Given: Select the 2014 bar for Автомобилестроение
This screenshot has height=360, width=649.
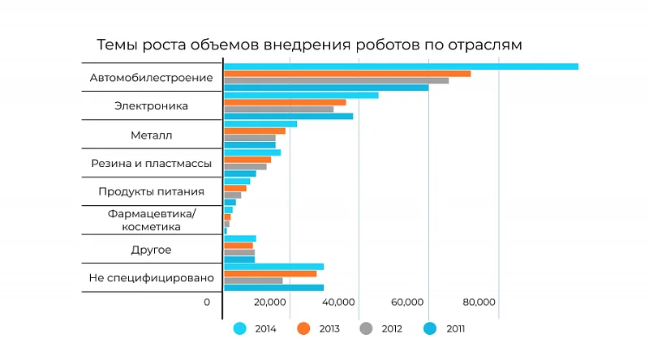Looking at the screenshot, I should (401, 66).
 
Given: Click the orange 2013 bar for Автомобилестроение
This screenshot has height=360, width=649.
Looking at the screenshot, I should (347, 74).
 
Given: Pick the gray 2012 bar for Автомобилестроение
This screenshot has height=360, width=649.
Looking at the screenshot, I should (336, 80).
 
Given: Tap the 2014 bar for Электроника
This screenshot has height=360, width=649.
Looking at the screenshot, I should (301, 95).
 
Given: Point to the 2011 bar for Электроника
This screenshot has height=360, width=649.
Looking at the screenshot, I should (288, 116).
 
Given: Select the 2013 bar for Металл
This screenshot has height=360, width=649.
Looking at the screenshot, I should (255, 131).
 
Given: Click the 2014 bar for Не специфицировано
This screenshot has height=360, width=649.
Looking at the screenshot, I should (273, 266).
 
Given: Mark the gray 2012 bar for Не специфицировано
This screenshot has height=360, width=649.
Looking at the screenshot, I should (253, 281).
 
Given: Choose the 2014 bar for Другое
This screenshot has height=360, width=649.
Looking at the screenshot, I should (240, 238).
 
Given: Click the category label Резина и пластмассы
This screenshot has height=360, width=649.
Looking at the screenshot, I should (151, 164).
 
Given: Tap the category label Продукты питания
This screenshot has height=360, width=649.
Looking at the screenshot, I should (151, 192).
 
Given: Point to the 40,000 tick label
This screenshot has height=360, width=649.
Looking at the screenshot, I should (337, 302).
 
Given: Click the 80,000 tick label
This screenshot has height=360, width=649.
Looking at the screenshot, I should (479, 302).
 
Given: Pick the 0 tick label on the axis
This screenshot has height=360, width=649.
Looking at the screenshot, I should (207, 302).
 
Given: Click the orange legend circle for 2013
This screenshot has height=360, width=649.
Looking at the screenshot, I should (304, 328).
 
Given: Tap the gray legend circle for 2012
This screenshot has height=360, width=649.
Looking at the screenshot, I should (367, 328).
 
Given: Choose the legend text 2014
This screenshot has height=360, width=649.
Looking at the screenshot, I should (265, 329).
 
